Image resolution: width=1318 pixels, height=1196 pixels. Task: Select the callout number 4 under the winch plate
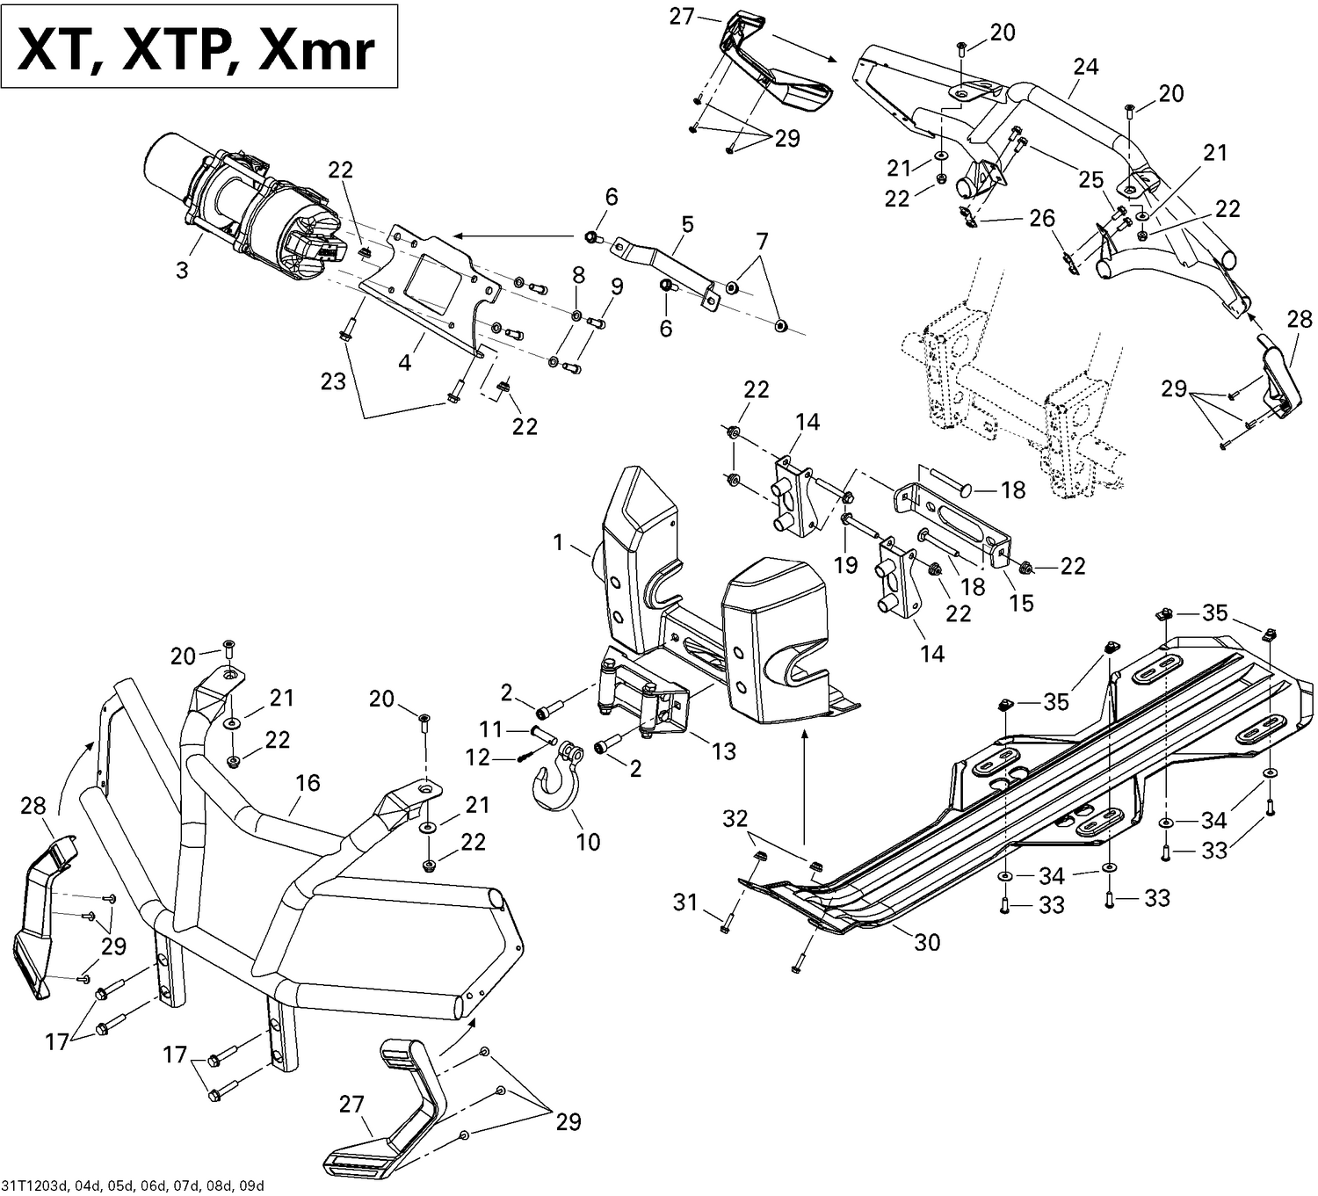tap(405, 361)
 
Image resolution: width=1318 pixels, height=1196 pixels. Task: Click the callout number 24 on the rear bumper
tap(1086, 67)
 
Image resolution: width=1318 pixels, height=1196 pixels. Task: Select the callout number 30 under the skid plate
tap(927, 942)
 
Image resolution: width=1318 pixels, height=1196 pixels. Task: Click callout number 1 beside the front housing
tap(558, 543)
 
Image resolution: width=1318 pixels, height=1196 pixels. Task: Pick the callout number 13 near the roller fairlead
tap(724, 751)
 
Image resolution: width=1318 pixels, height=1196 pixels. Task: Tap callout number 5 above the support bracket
tap(686, 224)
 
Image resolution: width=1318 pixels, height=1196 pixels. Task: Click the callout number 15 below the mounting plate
tap(1021, 603)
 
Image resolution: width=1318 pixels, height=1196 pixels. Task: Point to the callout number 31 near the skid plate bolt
tap(685, 902)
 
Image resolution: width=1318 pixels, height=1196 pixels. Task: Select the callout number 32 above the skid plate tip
tap(735, 819)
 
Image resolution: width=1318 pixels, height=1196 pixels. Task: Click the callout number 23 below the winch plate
tap(333, 382)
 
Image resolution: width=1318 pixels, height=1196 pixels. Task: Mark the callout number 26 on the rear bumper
tap(1042, 218)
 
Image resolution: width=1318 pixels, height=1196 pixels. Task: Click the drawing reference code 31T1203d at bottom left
tap(132, 1185)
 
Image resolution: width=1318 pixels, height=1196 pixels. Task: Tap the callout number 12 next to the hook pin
tap(477, 757)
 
